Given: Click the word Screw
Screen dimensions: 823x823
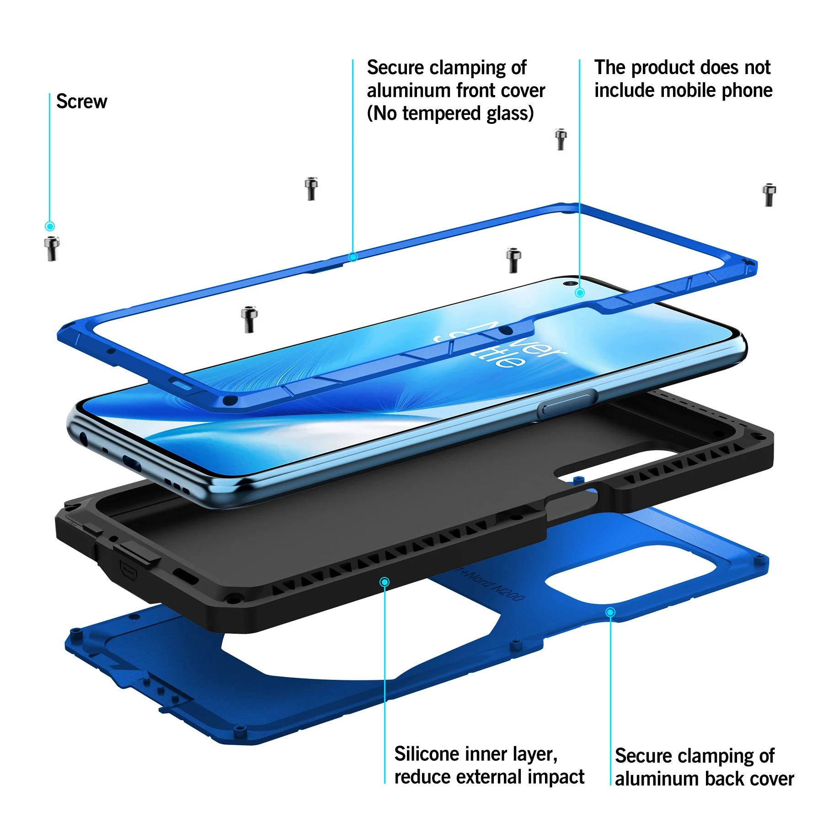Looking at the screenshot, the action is [x=81, y=102].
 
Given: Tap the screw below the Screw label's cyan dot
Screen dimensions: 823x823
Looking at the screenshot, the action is [x=52, y=248].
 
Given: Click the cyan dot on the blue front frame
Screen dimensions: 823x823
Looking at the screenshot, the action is [x=353, y=257].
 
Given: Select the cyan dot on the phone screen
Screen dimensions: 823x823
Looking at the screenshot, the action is [x=579, y=293].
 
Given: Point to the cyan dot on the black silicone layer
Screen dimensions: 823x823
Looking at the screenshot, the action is [x=385, y=582].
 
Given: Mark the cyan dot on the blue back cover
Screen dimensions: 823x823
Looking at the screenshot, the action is [x=610, y=612].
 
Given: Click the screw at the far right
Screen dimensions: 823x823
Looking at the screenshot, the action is [x=769, y=195].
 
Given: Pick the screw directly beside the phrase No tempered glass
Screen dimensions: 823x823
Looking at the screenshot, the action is [x=561, y=139].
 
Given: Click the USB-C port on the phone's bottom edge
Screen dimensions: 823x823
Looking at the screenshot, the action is [x=132, y=464].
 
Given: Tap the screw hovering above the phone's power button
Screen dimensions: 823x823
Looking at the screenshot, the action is [x=513, y=260].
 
